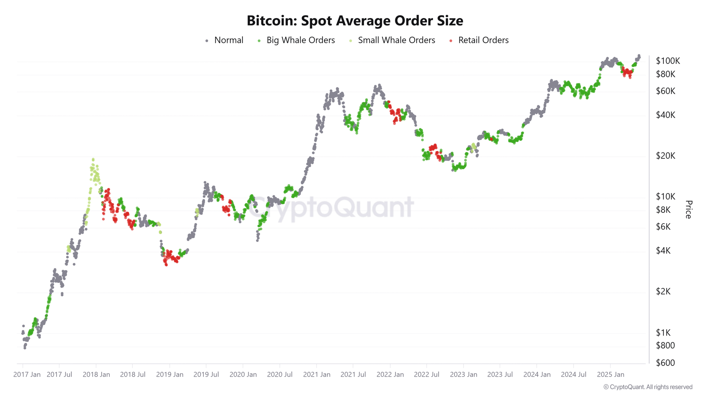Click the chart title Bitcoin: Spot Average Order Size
(x=355, y=21)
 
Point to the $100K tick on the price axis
(x=668, y=61)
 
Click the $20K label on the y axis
(x=665, y=156)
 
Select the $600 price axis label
(x=665, y=363)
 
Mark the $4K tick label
(x=663, y=251)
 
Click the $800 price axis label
(x=665, y=346)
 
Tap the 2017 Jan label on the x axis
(x=27, y=375)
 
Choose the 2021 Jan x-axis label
(x=317, y=375)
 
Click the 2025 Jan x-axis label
(x=610, y=375)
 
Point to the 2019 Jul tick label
(x=206, y=375)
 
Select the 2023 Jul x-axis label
(x=500, y=375)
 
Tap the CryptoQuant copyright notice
(x=648, y=387)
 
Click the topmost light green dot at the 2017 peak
(x=93, y=159)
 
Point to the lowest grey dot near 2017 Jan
(x=25, y=348)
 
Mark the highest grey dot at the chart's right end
(x=639, y=56)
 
